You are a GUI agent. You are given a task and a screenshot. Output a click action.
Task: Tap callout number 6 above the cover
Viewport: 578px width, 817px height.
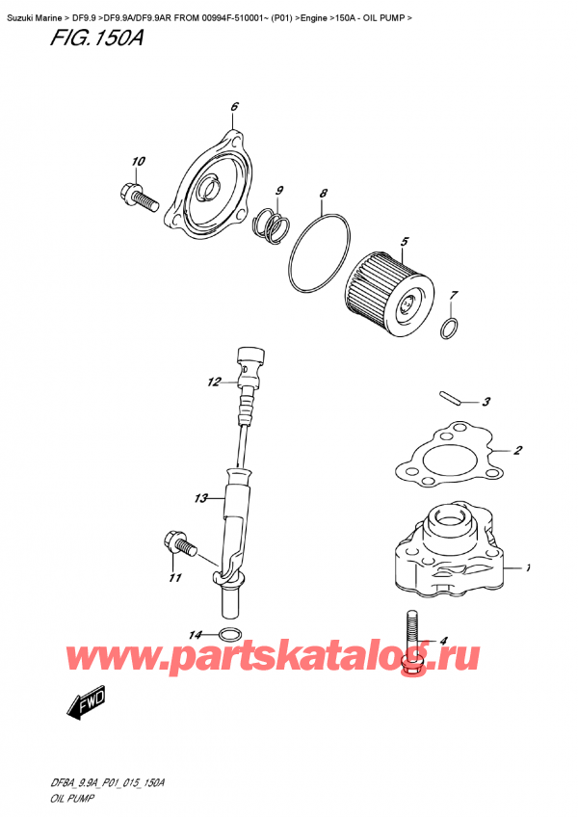pos(234,106)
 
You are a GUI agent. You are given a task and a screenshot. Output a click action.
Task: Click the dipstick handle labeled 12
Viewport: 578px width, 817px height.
pos(251,364)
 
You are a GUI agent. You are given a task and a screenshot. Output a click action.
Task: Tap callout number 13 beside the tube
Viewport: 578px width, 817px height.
pos(200,498)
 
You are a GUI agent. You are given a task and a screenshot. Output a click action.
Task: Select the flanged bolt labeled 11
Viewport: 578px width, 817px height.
pos(182,546)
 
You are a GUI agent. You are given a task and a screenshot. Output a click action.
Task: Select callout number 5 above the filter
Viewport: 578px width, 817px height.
pos(405,241)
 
